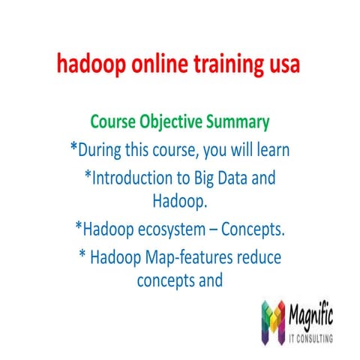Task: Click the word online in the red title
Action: tap(151, 65)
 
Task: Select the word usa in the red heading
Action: tap(283, 65)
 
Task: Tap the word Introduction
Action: tap(136, 178)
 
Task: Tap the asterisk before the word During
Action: tap(73, 147)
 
